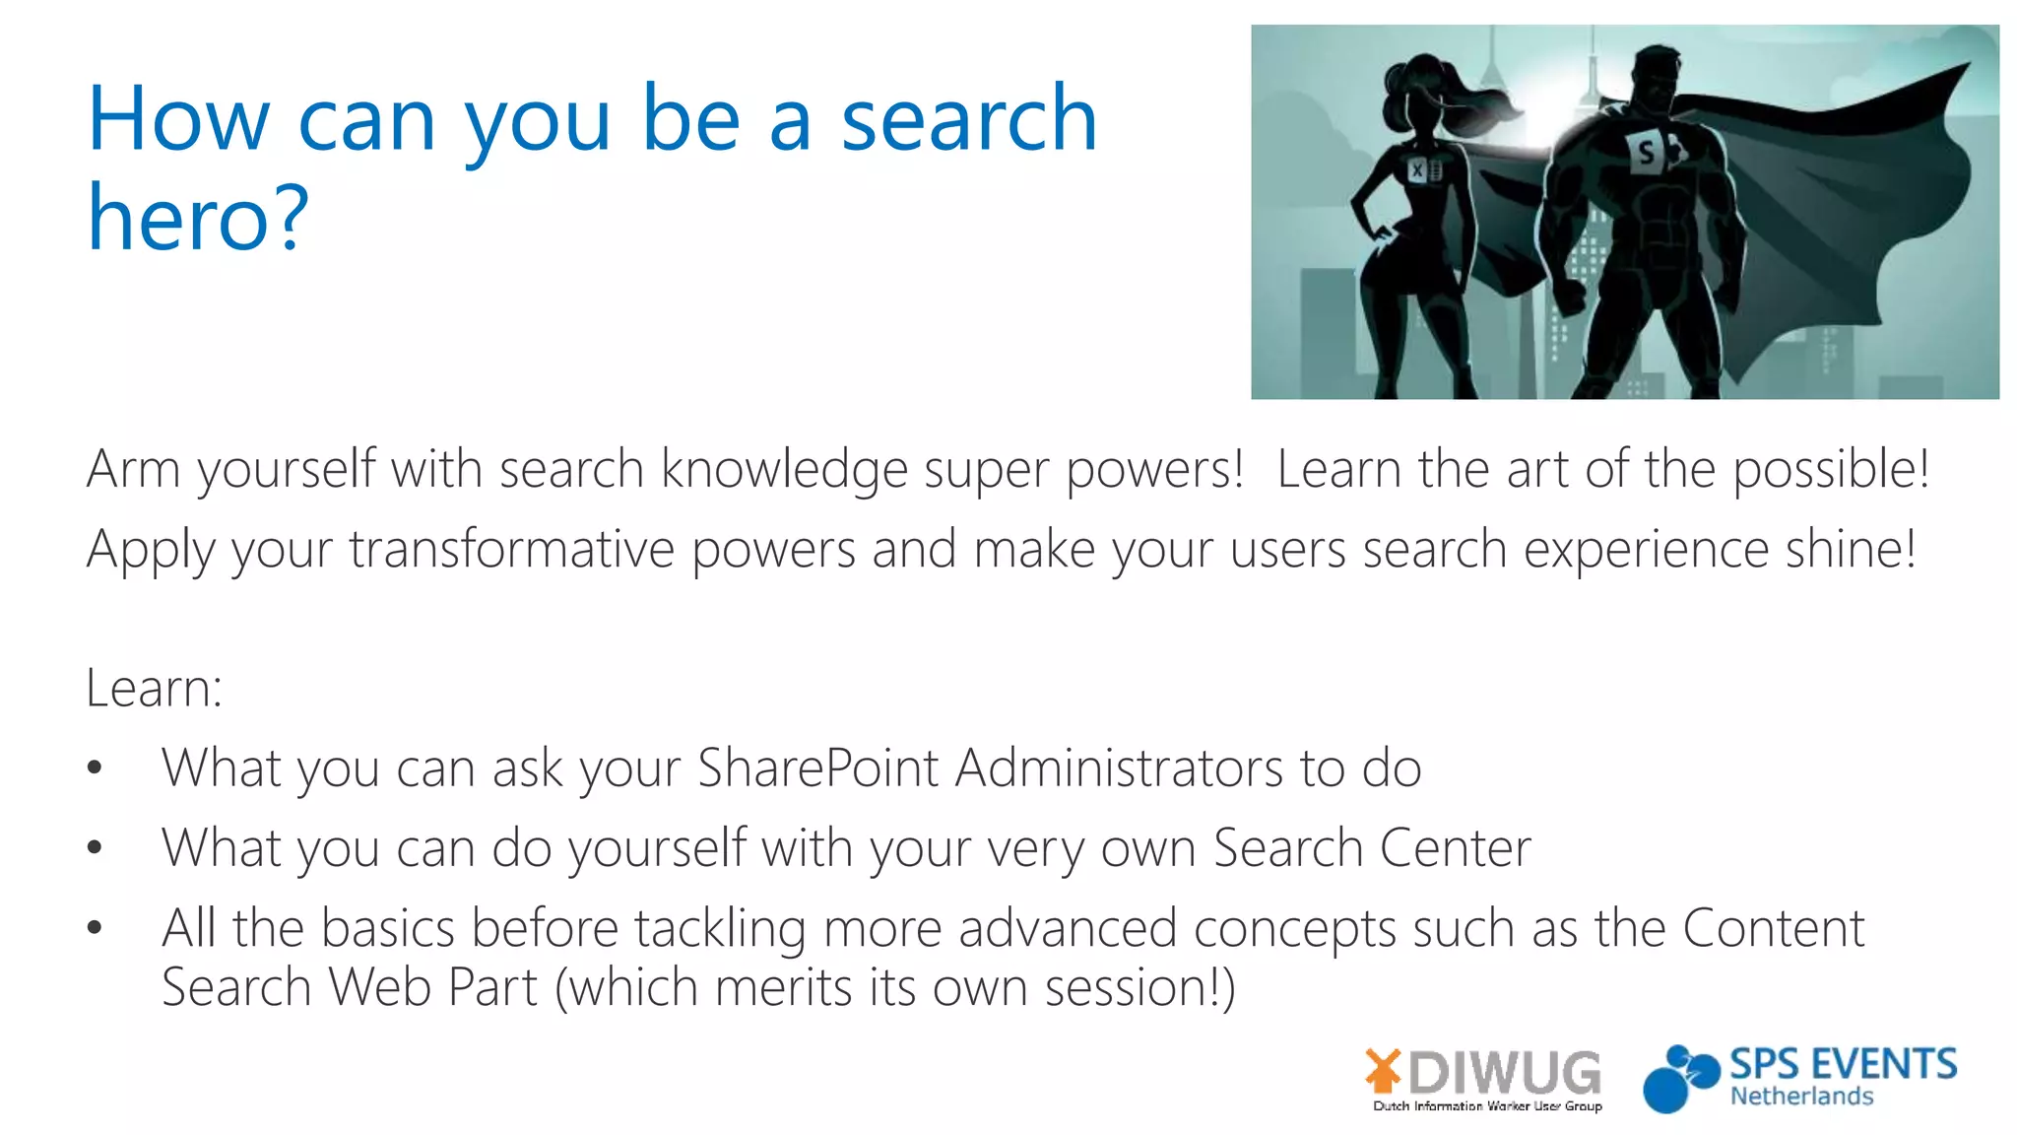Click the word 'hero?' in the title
(x=198, y=219)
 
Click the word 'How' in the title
(x=178, y=120)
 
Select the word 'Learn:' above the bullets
(x=154, y=688)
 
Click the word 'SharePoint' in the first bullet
(x=817, y=768)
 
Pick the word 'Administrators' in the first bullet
(x=1119, y=768)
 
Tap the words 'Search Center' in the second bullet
(x=1372, y=847)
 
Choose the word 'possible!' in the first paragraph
(x=1831, y=469)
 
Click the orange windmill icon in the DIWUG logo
(x=1383, y=1070)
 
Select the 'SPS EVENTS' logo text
(x=1843, y=1064)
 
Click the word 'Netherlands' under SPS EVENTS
(x=1801, y=1097)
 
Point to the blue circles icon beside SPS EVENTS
(x=1679, y=1079)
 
